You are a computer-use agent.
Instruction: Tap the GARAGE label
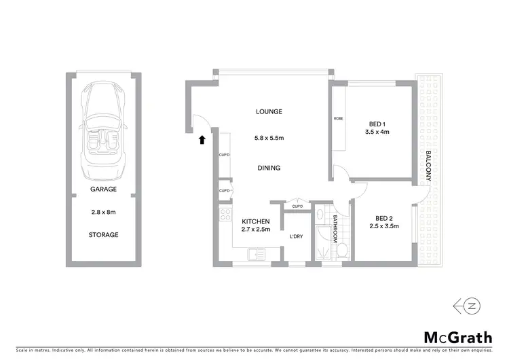[x=103, y=190]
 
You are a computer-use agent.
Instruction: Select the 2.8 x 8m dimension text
[x=103, y=212]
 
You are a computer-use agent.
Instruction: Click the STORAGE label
[x=103, y=235]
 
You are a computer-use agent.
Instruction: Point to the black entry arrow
[x=201, y=141]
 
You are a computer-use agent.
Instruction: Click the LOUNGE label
[x=269, y=111]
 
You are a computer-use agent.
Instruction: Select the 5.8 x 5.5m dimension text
[x=269, y=139]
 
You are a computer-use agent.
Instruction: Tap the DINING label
[x=269, y=168]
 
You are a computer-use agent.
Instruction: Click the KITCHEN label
[x=257, y=221]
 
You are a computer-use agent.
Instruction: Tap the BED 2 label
[x=384, y=218]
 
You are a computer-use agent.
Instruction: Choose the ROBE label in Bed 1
[x=339, y=119]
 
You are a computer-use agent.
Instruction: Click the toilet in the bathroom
[x=343, y=252]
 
